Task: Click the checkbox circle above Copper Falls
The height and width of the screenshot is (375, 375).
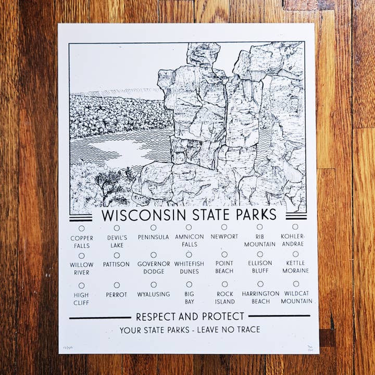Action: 81,228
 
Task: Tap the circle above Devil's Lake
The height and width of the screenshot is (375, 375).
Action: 117,228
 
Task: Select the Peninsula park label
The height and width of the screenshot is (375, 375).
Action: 153,237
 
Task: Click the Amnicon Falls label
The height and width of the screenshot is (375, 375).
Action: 190,240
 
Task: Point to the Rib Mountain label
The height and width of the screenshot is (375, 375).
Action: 259,240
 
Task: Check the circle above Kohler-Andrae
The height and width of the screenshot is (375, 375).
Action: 295,227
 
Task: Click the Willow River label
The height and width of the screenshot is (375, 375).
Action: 82,268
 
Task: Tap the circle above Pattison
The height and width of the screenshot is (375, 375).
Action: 117,255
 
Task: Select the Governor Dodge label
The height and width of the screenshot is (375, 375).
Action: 154,268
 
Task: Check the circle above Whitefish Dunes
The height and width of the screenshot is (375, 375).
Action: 189,255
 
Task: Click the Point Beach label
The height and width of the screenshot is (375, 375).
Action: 224,267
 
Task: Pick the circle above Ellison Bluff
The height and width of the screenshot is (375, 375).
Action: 260,254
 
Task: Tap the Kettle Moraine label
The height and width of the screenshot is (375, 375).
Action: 296,267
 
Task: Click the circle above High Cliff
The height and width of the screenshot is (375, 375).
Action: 82,285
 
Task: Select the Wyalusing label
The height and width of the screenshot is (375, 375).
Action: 154,294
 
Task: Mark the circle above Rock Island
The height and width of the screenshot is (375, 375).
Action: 224,284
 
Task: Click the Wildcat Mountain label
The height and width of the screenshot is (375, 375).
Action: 296,297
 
